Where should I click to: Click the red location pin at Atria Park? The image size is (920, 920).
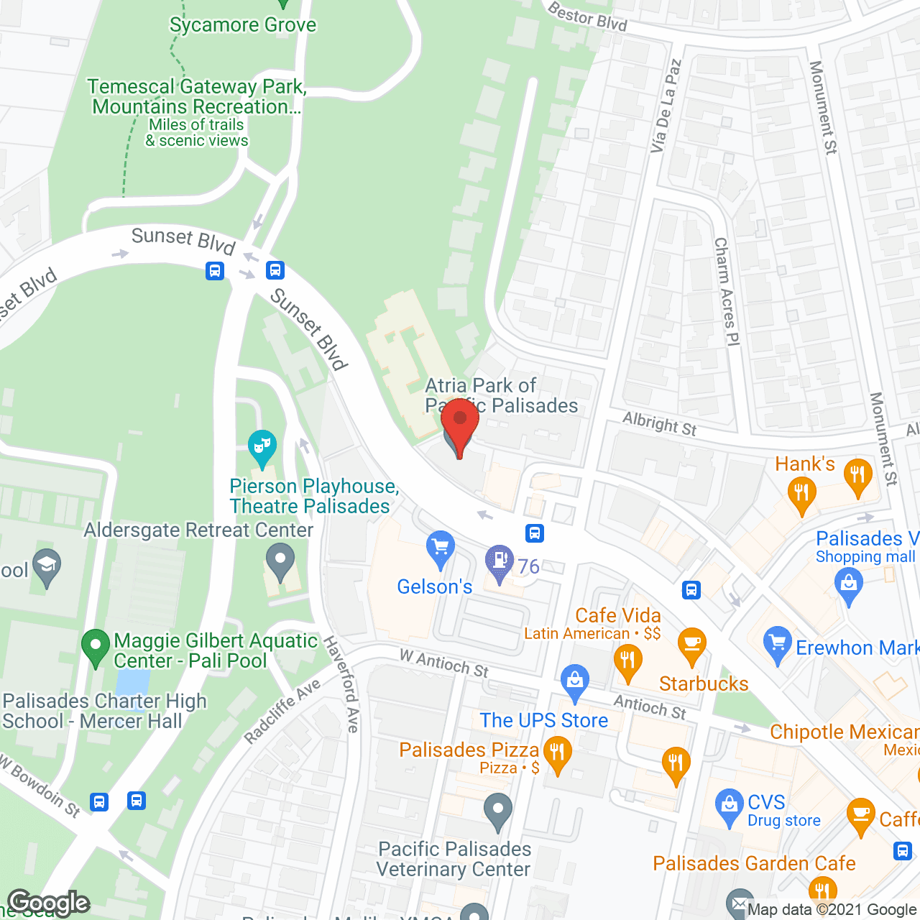[x=459, y=424]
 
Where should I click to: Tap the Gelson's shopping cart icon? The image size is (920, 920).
[x=440, y=549]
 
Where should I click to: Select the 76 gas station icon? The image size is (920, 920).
[x=499, y=562]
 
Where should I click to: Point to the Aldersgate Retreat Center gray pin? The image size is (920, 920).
[x=280, y=561]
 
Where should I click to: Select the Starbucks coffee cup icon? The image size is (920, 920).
[x=691, y=645]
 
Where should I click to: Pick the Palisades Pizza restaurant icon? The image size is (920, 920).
[x=557, y=755]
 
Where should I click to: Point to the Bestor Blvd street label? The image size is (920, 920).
[x=587, y=17]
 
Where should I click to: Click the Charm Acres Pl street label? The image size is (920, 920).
[x=727, y=292]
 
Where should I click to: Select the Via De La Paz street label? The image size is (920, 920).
[x=665, y=106]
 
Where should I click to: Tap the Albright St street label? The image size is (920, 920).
[x=659, y=423]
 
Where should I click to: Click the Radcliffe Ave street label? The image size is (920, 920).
[x=282, y=712]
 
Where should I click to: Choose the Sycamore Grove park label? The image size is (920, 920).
[x=243, y=25]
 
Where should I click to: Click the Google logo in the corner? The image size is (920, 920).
[x=49, y=903]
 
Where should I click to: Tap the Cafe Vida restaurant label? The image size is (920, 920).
[x=618, y=615]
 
